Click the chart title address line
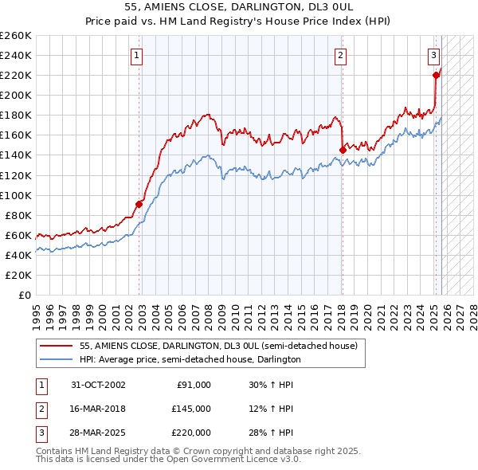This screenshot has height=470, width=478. [x=238, y=6]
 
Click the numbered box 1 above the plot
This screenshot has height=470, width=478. [x=137, y=55]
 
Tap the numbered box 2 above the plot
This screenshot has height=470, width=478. [x=340, y=55]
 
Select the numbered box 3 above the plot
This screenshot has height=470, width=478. [x=434, y=55]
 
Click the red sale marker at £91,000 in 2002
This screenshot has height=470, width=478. [x=139, y=204]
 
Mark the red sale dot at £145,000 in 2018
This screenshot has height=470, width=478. [x=343, y=149]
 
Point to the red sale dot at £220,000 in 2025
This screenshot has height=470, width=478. [x=436, y=75]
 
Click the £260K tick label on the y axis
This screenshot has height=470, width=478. [x=16, y=36]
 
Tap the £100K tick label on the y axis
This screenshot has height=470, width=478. [x=16, y=195]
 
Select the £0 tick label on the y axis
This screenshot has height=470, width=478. [x=24, y=295]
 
